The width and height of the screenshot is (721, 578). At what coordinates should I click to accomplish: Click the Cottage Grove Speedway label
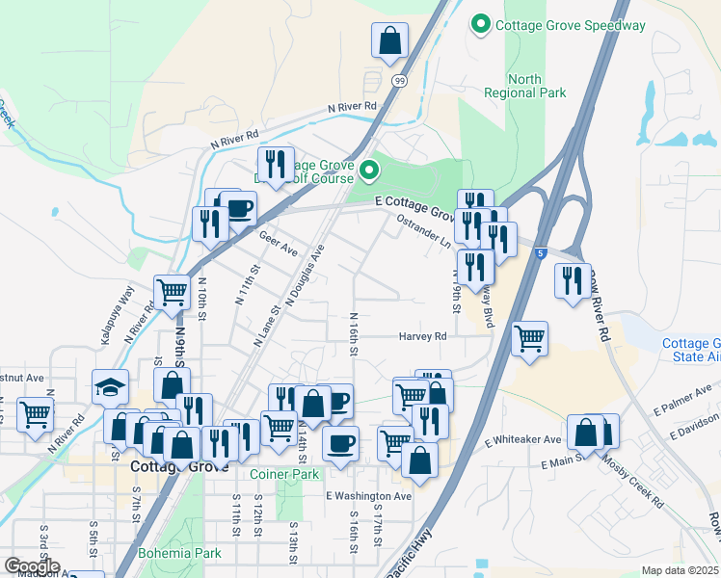tap(571, 25)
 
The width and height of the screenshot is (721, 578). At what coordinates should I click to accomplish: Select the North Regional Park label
tap(523, 86)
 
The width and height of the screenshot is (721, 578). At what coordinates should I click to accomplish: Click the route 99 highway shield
tap(399, 81)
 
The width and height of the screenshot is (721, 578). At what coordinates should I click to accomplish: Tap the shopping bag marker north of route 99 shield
tap(390, 41)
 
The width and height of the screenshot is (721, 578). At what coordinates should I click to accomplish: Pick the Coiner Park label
tap(284, 474)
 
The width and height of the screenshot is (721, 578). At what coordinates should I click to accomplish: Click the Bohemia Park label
tap(180, 553)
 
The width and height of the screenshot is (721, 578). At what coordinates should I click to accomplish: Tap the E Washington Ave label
tap(368, 496)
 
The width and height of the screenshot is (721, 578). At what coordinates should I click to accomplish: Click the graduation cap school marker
tap(111, 387)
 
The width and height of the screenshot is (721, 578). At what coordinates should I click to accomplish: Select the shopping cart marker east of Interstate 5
tap(529, 339)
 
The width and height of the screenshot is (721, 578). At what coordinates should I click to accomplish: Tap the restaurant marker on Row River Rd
tap(573, 280)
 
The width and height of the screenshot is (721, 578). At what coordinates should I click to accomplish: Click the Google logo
tap(32, 566)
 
